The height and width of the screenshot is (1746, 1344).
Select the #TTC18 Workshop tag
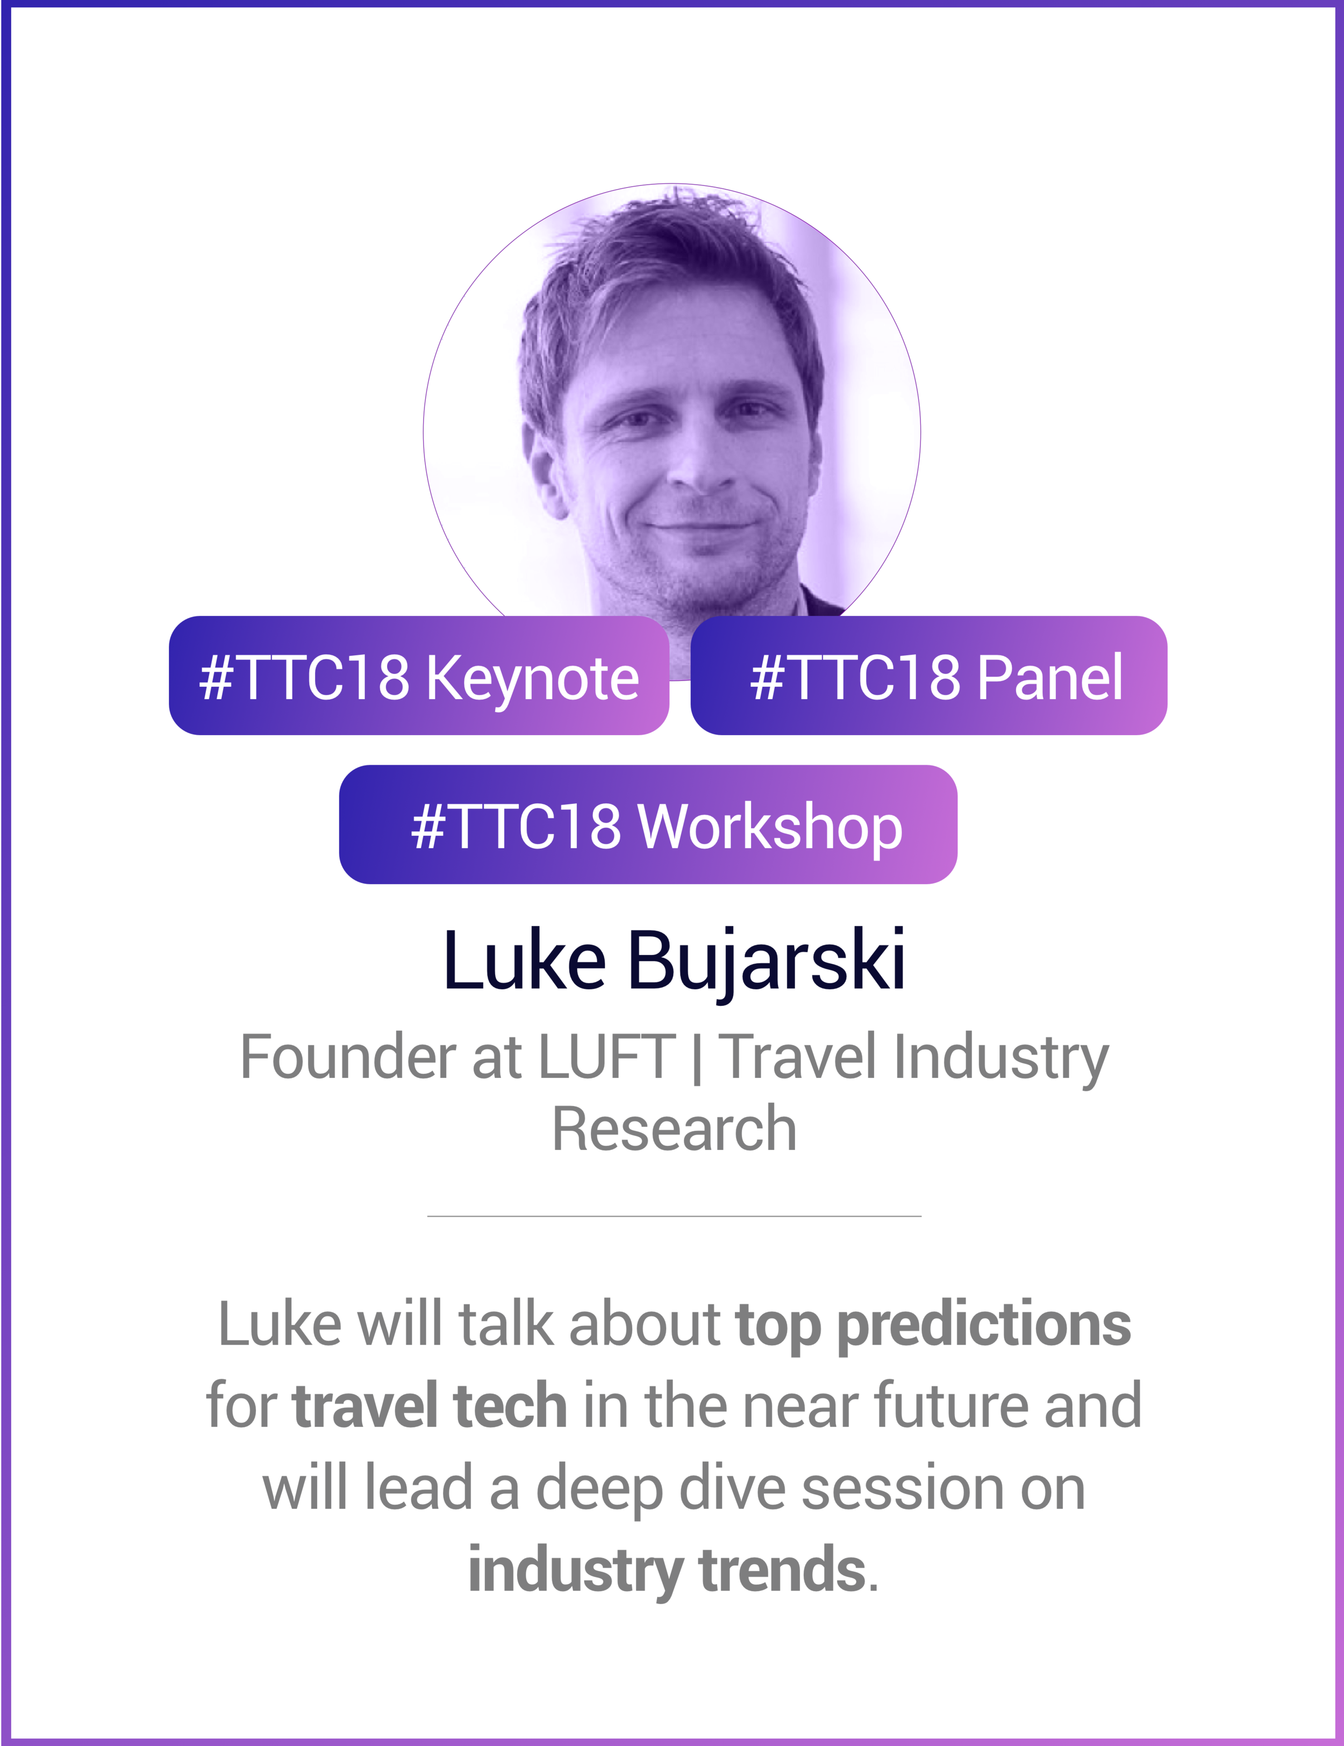click(648, 825)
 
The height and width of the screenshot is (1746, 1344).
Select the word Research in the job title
click(674, 1129)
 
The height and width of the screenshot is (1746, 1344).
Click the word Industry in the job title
click(1001, 1057)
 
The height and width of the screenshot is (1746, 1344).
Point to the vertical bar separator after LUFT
click(697, 1057)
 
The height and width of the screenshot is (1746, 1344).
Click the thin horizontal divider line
click(674, 1216)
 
